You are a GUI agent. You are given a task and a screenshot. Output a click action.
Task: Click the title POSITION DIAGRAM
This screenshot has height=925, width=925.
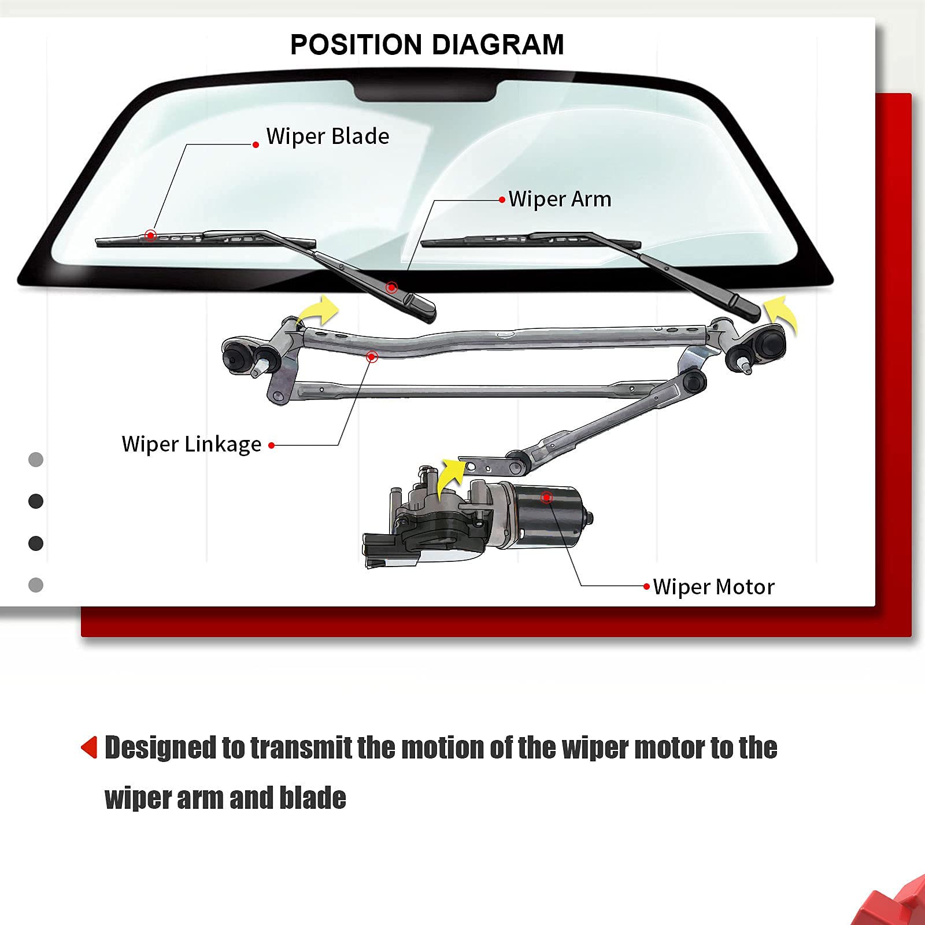pyautogui.click(x=427, y=45)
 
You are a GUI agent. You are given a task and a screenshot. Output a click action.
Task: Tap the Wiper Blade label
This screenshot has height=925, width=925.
pyautogui.click(x=327, y=136)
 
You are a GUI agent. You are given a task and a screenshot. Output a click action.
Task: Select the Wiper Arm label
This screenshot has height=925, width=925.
pyautogui.click(x=559, y=199)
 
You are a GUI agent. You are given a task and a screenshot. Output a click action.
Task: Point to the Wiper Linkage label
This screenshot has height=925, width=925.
pyautogui.click(x=191, y=444)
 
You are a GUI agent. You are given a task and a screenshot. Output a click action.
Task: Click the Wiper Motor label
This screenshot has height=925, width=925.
pyautogui.click(x=713, y=587)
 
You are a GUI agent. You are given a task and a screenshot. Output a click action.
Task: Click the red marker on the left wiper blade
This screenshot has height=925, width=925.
pyautogui.click(x=150, y=235)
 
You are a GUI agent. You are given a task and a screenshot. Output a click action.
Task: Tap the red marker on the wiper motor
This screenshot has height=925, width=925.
pyautogui.click(x=546, y=497)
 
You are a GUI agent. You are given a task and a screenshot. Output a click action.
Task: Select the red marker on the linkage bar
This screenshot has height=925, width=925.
pyautogui.click(x=372, y=357)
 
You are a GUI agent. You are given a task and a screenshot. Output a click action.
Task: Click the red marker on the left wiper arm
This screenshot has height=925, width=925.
pyautogui.click(x=391, y=287)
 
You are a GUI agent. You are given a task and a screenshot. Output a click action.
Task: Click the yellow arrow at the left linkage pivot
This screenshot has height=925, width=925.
pyautogui.click(x=320, y=312)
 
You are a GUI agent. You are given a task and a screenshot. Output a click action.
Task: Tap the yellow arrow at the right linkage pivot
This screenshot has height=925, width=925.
pyautogui.click(x=782, y=315)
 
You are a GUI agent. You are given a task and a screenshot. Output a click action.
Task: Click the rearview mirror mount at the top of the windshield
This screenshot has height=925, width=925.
pyautogui.click(x=425, y=91)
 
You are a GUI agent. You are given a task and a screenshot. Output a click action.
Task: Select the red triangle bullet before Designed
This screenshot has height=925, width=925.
pyautogui.click(x=90, y=747)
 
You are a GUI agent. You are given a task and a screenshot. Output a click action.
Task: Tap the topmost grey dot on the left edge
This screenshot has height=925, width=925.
pyautogui.click(x=36, y=460)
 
